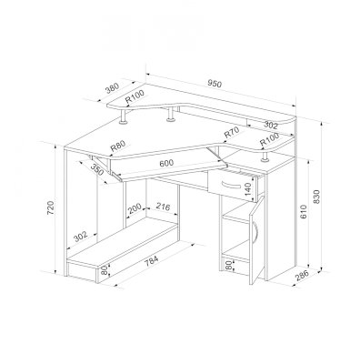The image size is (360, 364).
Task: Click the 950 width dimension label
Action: pyautogui.click(x=215, y=83)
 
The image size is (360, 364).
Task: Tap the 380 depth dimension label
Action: pyautogui.click(x=112, y=88)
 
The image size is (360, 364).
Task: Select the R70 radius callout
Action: pyautogui.click(x=231, y=133)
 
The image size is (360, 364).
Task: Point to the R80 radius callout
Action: pyautogui.click(x=117, y=147)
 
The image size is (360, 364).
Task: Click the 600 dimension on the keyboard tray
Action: pyautogui.click(x=166, y=163)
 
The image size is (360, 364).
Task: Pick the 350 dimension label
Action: pyautogui.click(x=98, y=170)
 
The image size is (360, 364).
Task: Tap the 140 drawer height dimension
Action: pyautogui.click(x=248, y=189)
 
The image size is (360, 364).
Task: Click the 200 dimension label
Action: pyautogui.click(x=135, y=208)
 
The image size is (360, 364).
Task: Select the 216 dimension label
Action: pyautogui.click(x=163, y=207)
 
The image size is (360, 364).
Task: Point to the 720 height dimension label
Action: pyautogui.click(x=51, y=207)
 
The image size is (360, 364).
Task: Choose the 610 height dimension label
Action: pyautogui.click(x=304, y=211)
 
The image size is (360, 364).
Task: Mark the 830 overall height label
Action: pyautogui.click(x=316, y=197)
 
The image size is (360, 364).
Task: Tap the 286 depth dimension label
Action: pyautogui.click(x=302, y=275)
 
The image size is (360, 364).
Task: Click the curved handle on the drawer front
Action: pyautogui.click(x=232, y=185)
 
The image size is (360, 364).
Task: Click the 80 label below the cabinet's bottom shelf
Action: pyautogui.click(x=228, y=266)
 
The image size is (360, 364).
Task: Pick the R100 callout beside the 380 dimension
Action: pyautogui.click(x=135, y=97)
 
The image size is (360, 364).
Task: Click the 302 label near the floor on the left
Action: pyautogui.click(x=81, y=237)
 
